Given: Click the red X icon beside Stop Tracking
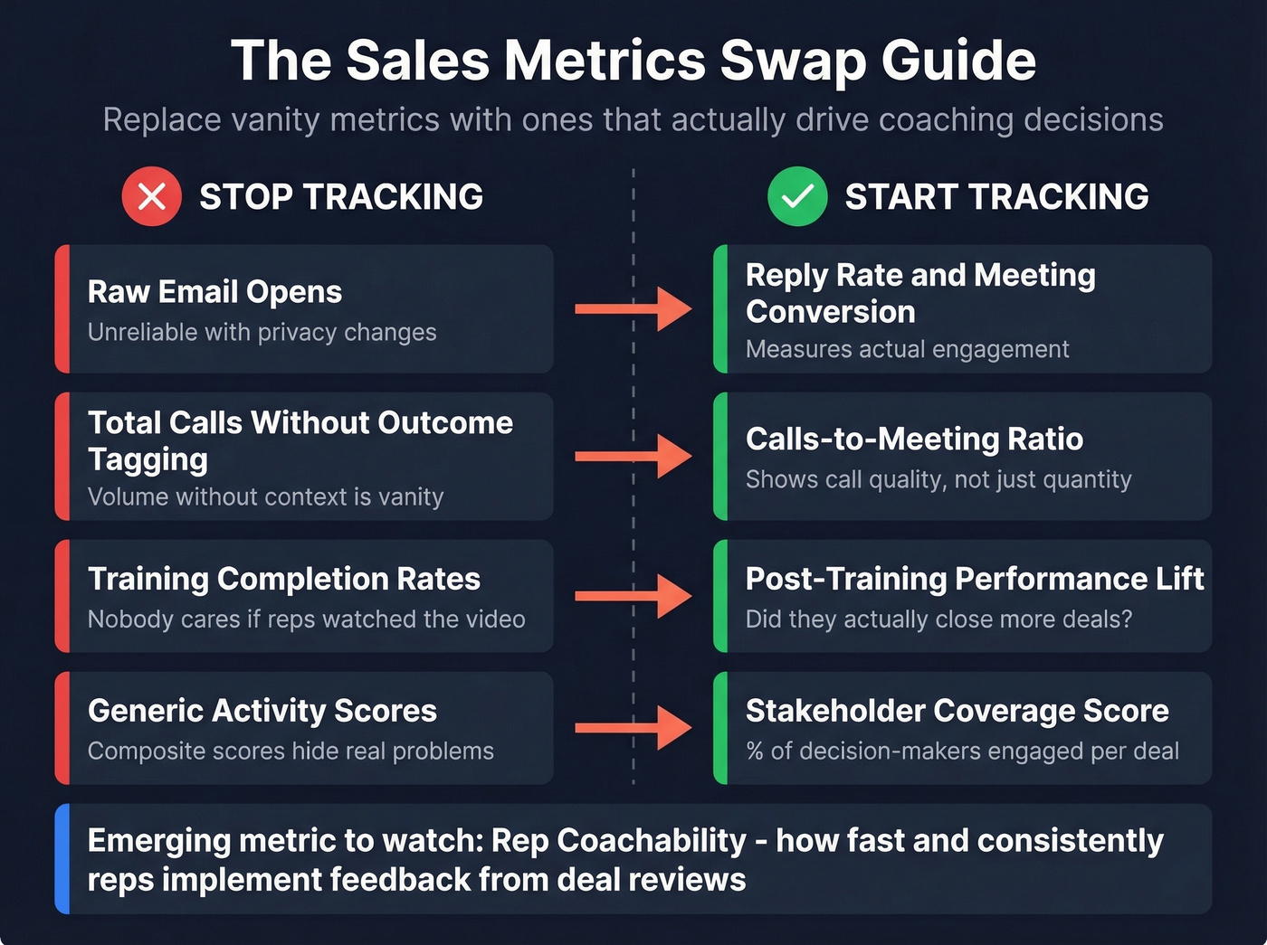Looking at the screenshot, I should click(151, 196).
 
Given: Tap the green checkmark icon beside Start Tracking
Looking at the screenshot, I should click(796, 196).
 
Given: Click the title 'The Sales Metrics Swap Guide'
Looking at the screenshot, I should click(633, 61).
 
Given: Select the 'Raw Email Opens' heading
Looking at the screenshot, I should click(214, 292).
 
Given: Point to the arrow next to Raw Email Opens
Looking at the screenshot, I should click(633, 309).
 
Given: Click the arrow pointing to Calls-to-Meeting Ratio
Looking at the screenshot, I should click(633, 456).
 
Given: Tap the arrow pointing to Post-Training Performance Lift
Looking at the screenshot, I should click(633, 595).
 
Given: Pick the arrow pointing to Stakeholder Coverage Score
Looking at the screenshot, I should click(633, 727).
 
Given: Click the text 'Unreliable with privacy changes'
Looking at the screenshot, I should click(262, 333).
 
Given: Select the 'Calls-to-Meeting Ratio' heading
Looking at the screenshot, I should click(914, 439).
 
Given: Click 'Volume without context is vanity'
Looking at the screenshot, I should click(265, 497).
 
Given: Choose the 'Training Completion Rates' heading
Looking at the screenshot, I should click(283, 579).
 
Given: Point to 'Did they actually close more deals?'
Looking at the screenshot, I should click(938, 619).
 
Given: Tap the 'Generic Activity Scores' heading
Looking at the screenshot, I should click(262, 711).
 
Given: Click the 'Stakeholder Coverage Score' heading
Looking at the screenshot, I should click(957, 711).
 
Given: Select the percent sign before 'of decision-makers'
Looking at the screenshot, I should click(755, 751).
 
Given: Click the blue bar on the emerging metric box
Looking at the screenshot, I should click(62, 858).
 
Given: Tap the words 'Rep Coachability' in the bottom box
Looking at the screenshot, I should click(619, 841).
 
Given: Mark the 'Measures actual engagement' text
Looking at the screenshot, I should click(907, 350).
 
